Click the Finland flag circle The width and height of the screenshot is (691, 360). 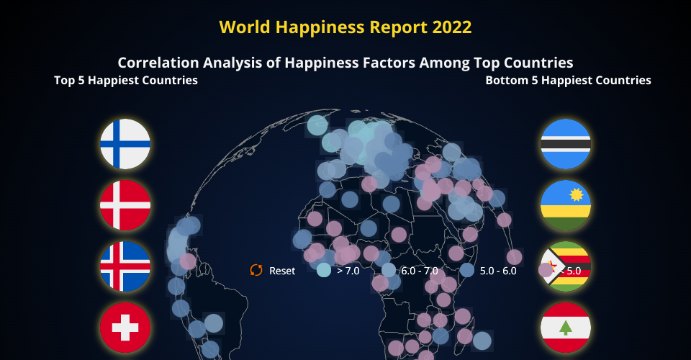(125, 144)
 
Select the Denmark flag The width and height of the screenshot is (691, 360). (125, 205)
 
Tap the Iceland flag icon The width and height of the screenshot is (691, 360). (125, 266)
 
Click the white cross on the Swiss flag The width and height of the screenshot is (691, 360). (125, 328)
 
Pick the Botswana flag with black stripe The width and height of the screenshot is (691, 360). (566, 144)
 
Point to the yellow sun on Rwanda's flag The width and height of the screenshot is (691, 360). (577, 194)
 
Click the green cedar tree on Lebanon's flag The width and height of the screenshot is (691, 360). (566, 328)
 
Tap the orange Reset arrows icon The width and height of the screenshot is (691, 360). (256, 270)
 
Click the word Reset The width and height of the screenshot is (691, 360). (282, 271)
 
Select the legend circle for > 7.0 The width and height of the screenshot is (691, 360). (324, 270)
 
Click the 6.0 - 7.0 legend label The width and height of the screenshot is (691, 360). (420, 271)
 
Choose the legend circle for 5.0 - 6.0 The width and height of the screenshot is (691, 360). (466, 270)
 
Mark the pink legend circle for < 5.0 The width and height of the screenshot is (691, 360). (546, 270)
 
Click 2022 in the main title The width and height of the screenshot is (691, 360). (452, 27)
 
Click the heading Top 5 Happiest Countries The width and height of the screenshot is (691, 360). (126, 80)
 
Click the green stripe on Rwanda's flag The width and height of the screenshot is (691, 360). (566, 223)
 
